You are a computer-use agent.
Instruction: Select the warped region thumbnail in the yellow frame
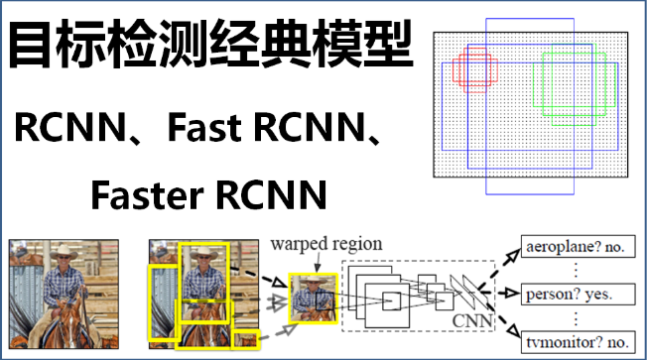coord(309,297)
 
